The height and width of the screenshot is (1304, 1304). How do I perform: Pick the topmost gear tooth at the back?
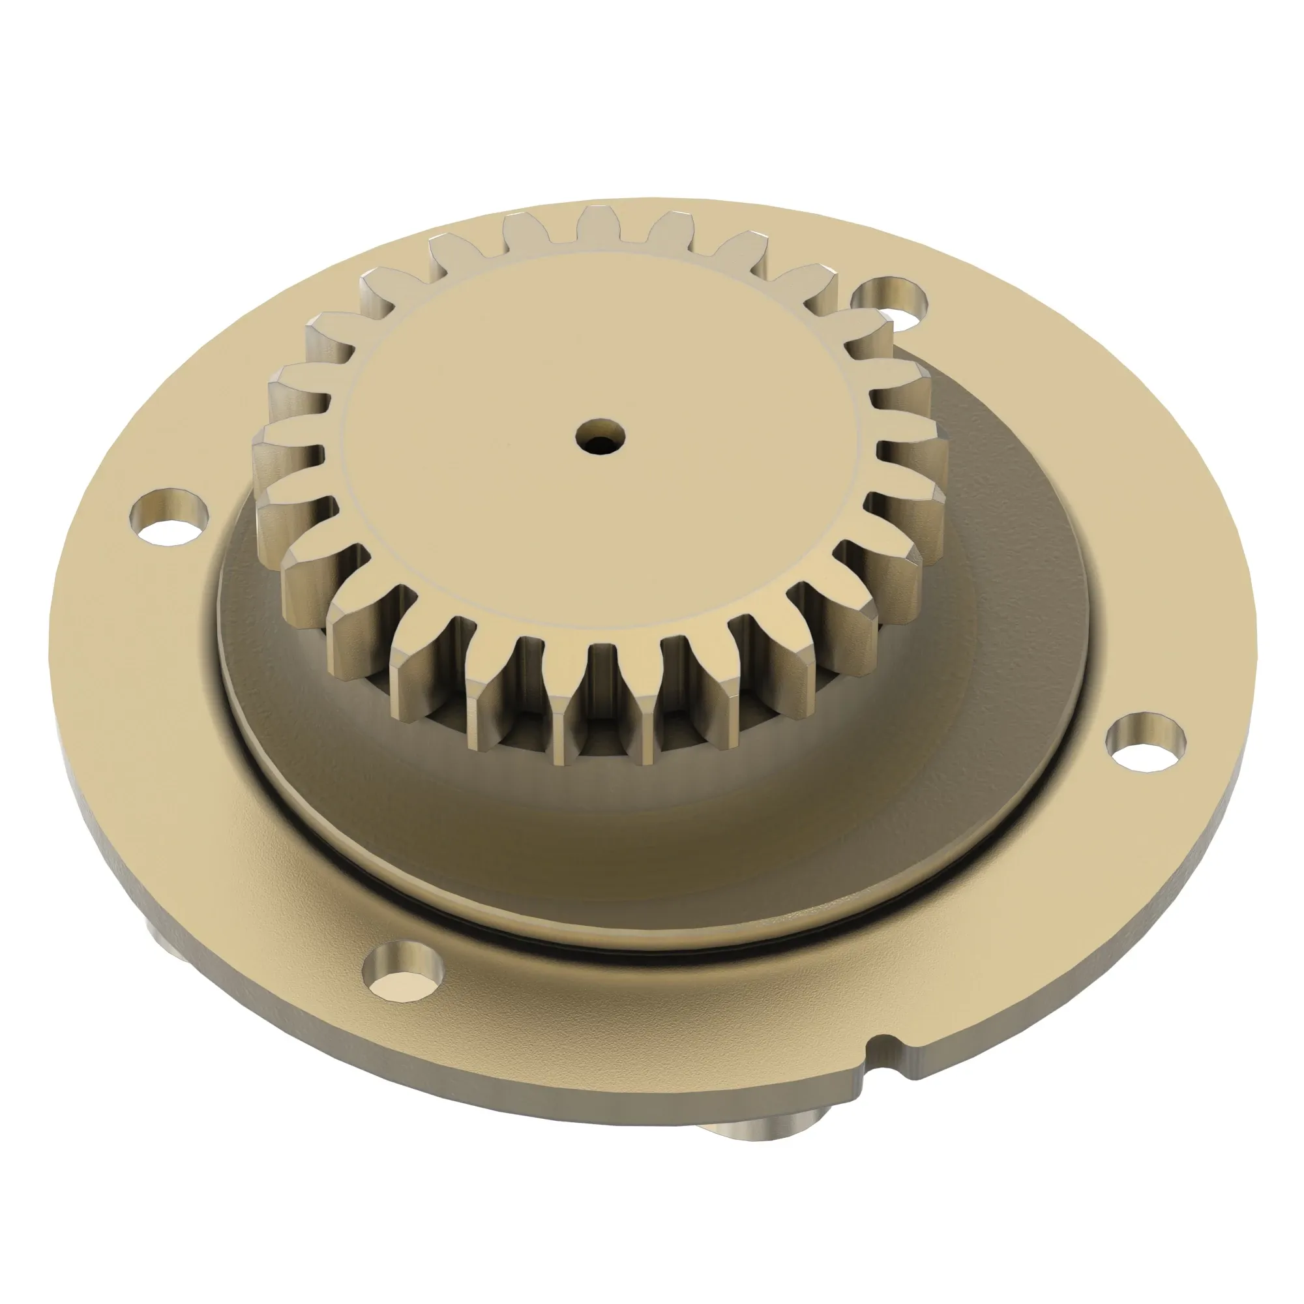pos(599,223)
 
